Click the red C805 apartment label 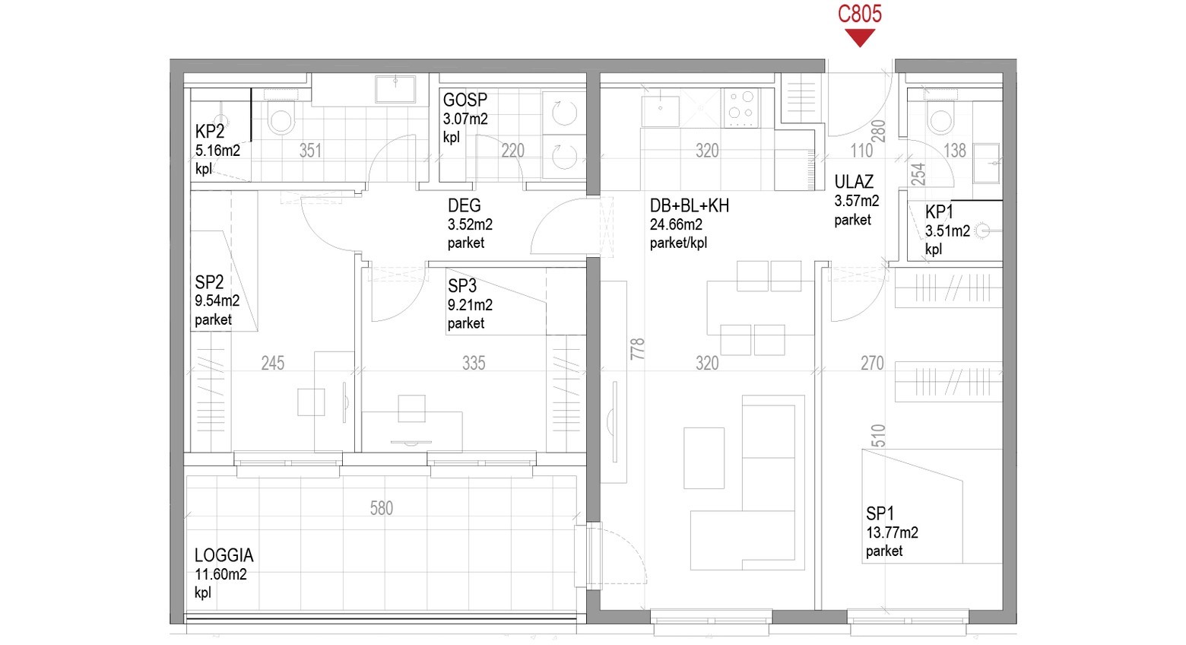(859, 14)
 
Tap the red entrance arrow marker (859, 38)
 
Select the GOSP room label (465, 100)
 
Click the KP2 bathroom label (210, 132)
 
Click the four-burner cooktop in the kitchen (741, 107)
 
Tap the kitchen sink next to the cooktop (660, 111)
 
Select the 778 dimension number (637, 349)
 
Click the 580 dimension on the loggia (381, 508)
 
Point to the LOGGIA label (224, 555)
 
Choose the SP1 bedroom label (880, 513)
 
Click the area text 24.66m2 (676, 224)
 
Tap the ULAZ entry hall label (854, 183)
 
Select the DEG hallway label (465, 205)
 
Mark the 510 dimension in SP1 (878, 436)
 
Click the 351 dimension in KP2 (310, 151)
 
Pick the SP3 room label (462, 286)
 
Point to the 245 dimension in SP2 (273, 364)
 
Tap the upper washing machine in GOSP (564, 112)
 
